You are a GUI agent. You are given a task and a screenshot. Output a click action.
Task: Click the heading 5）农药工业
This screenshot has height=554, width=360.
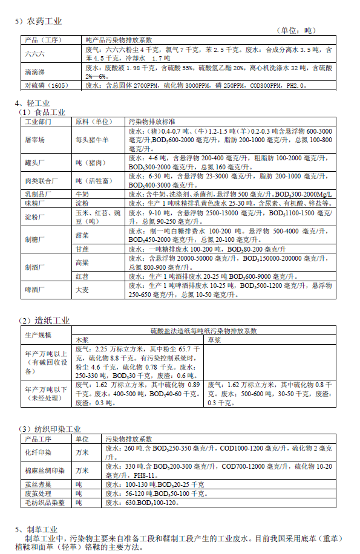(x=39, y=21)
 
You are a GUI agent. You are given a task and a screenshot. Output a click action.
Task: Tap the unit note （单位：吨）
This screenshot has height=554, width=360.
(x=296, y=30)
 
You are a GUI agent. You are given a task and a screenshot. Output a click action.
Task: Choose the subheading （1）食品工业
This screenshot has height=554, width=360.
(x=42, y=112)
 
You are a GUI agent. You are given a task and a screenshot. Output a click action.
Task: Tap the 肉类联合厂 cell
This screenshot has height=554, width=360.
(x=41, y=180)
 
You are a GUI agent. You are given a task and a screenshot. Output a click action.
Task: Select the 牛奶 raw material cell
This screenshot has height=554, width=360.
(x=82, y=195)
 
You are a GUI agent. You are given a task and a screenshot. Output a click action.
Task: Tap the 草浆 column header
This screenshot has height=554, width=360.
(x=215, y=340)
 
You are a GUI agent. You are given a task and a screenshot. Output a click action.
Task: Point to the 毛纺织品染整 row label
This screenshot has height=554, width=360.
(x=45, y=503)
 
